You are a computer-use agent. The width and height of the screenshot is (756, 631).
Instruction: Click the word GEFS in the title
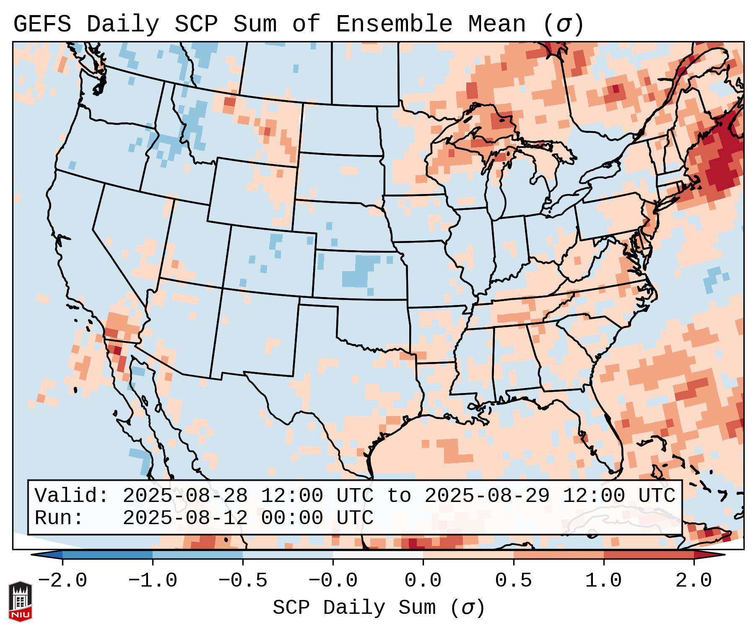[x=42, y=24]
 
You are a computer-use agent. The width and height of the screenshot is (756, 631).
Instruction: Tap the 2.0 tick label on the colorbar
[x=694, y=581]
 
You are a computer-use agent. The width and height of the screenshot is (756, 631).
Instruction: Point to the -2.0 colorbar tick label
[x=62, y=581]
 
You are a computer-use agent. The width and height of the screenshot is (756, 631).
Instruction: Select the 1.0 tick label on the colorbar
[x=604, y=581]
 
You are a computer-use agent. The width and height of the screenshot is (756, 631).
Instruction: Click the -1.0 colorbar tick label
[x=153, y=581]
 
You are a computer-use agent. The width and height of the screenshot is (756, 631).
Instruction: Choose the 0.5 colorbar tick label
[x=514, y=581]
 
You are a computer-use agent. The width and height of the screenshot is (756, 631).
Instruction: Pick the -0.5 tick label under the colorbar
[x=243, y=581]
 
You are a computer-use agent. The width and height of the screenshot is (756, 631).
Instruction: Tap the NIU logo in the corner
[x=20, y=601]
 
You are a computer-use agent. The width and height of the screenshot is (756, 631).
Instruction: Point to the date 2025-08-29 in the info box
[x=487, y=496]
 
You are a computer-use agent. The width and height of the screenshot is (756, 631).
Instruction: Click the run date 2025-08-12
[x=185, y=518]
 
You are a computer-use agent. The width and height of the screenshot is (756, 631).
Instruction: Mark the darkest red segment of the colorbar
[x=649, y=554]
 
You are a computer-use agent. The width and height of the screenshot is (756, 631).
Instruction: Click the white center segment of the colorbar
[x=378, y=554]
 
